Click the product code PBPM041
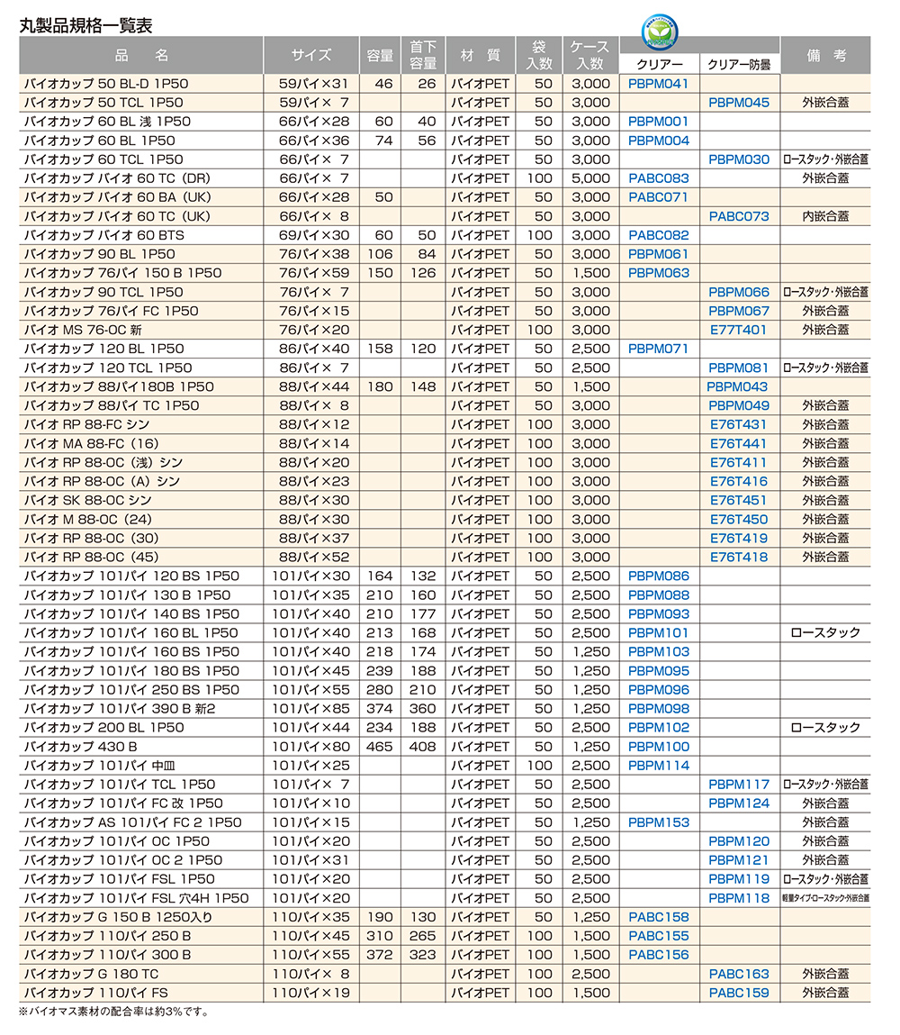[x=658, y=84]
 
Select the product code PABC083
[x=658, y=178]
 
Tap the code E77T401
[x=739, y=330]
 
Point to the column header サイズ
[x=311, y=55]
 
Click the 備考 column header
[x=825, y=55]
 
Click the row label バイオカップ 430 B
[x=80, y=747]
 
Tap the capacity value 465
[x=380, y=747]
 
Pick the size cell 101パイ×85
[x=310, y=709]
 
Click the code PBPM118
[x=739, y=898]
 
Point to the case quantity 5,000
[x=590, y=178]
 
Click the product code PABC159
[x=739, y=993]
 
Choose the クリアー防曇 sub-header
[x=739, y=64]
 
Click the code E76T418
[x=739, y=557]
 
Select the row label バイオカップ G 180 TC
[x=91, y=974]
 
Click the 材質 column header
[x=480, y=55]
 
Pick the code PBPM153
[x=658, y=822]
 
